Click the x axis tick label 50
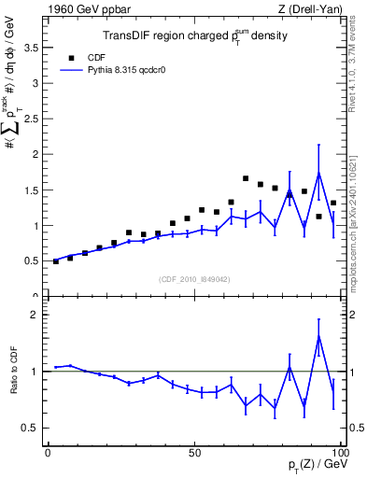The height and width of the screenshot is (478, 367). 194,452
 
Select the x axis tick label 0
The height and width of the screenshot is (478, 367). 49,452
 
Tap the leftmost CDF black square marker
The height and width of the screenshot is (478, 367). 56,261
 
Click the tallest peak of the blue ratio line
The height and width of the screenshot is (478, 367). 318,335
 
